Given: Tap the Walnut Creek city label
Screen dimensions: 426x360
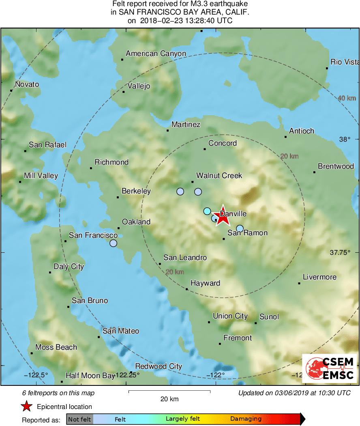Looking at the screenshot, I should click(x=219, y=176).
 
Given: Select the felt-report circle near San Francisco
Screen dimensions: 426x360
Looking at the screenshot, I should click(x=113, y=243).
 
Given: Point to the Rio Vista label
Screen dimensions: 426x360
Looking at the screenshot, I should click(x=345, y=62).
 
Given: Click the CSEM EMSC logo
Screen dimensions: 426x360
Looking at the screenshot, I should click(x=329, y=368).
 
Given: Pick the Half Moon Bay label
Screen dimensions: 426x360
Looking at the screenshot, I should click(x=90, y=376).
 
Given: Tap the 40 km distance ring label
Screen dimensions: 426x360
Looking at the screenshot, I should click(x=347, y=98).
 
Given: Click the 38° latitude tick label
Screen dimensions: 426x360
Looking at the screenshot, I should click(x=345, y=139).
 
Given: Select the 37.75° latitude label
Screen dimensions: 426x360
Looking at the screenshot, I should click(x=340, y=252).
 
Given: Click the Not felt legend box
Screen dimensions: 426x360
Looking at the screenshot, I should click(x=79, y=419).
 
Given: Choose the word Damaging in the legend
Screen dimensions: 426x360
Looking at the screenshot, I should click(x=246, y=419).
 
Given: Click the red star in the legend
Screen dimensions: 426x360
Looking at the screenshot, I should click(x=27, y=406).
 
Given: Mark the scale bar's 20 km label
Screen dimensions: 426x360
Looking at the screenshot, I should click(x=169, y=399).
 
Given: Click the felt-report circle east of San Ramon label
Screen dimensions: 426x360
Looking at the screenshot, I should click(x=240, y=228).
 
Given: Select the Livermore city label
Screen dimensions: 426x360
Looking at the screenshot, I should click(x=319, y=277).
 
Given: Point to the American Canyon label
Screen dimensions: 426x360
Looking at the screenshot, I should click(x=156, y=54).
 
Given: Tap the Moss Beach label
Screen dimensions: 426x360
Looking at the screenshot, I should click(x=56, y=347).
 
